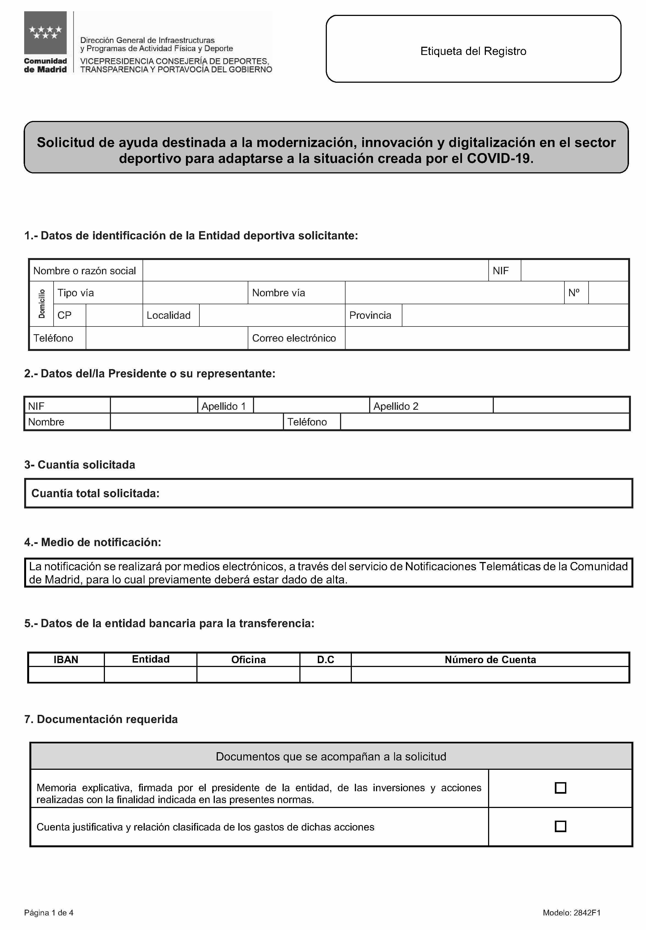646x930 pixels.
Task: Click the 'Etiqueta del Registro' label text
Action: point(473,51)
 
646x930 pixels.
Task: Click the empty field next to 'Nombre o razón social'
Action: point(315,270)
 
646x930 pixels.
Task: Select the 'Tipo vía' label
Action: point(76,293)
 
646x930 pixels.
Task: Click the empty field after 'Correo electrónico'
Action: point(486,338)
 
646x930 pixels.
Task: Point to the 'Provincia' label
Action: point(370,315)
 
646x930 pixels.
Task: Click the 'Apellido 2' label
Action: point(396,406)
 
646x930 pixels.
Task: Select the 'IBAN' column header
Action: point(66,660)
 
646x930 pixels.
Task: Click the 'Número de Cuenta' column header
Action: point(490,660)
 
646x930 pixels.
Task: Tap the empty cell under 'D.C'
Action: point(325,674)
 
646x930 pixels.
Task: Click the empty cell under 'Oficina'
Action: point(248,674)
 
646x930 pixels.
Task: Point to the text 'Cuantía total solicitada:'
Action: point(96,493)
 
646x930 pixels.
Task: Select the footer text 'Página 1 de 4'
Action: point(49,913)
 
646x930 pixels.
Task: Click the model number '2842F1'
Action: point(587,913)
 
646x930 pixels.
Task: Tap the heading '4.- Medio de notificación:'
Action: point(93,542)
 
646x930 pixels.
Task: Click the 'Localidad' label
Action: point(168,315)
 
